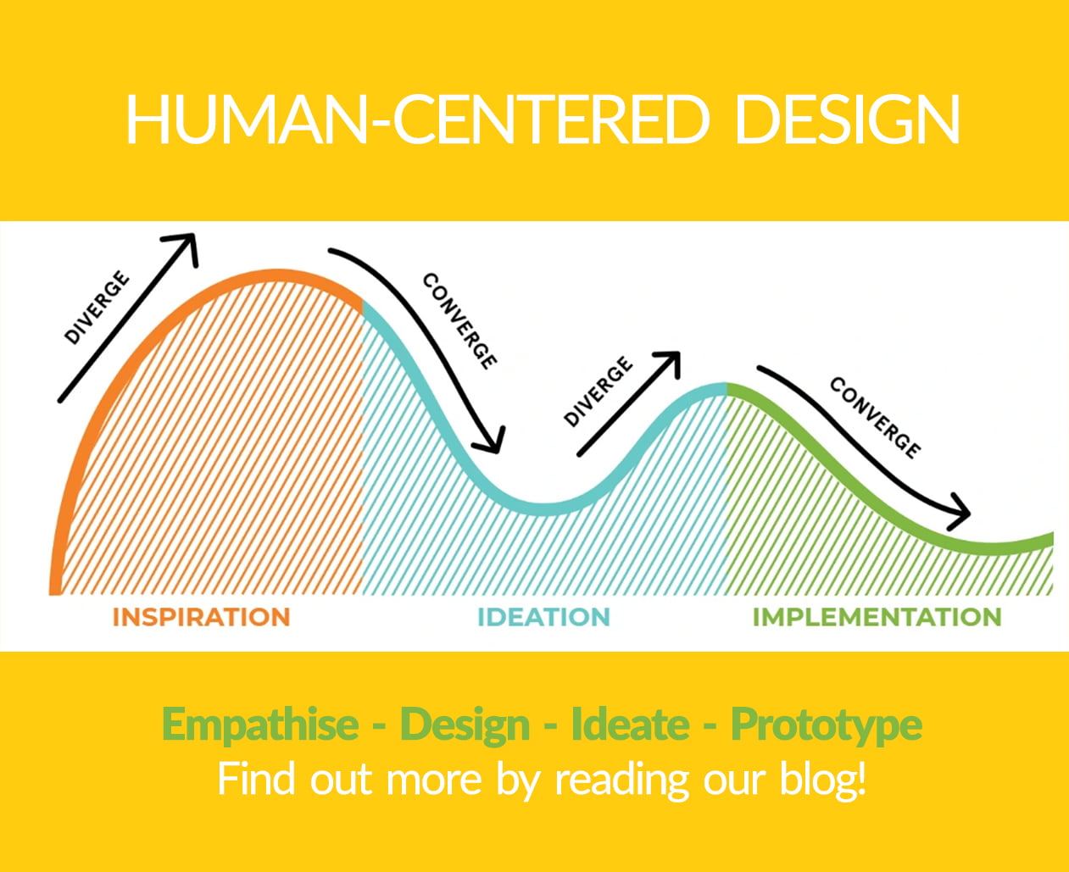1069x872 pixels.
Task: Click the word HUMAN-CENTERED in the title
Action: pos(416,119)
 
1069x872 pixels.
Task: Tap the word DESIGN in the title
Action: pos(847,119)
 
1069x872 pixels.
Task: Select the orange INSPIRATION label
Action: pos(201,617)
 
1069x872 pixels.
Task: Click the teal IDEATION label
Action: pos(544,617)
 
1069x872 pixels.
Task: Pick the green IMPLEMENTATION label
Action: pos(877,617)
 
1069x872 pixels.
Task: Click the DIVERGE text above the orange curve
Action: pos(97,308)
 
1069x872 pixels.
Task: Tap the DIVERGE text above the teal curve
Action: pos(599,392)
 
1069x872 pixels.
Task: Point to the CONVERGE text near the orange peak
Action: pos(459,320)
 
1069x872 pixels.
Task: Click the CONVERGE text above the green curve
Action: pos(875,418)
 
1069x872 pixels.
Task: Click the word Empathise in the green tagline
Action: pos(260,725)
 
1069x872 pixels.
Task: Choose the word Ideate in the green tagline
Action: pos(630,724)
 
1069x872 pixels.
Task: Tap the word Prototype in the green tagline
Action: pos(827,725)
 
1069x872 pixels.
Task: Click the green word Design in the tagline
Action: pos(465,725)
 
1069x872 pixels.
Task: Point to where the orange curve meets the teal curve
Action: pos(363,306)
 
